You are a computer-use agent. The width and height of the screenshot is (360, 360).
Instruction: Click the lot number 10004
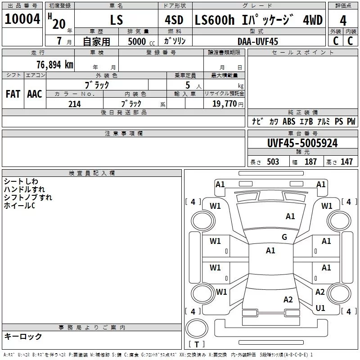(x=22, y=19)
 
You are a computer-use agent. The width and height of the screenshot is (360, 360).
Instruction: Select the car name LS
(x=117, y=20)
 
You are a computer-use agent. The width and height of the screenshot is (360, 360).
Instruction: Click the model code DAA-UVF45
(x=258, y=41)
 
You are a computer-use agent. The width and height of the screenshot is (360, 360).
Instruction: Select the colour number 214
(x=74, y=104)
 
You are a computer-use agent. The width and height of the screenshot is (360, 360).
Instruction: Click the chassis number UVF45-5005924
(x=302, y=143)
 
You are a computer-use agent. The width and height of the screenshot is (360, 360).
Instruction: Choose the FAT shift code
(x=13, y=94)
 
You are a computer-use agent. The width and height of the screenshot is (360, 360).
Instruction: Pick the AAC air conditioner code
(x=34, y=94)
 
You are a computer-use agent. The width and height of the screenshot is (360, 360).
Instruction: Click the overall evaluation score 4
(x=343, y=20)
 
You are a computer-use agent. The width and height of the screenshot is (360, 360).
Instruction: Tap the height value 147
(x=346, y=162)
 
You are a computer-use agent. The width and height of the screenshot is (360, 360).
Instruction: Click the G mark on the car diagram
(x=284, y=237)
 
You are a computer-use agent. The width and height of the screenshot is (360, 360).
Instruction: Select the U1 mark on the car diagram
(x=320, y=308)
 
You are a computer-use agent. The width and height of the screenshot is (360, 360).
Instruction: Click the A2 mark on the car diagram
(x=288, y=300)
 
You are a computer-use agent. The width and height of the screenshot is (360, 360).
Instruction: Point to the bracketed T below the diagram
(x=197, y=344)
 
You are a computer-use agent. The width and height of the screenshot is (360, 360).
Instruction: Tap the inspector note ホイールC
(x=19, y=206)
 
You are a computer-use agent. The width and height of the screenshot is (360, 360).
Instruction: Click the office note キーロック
(x=23, y=337)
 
